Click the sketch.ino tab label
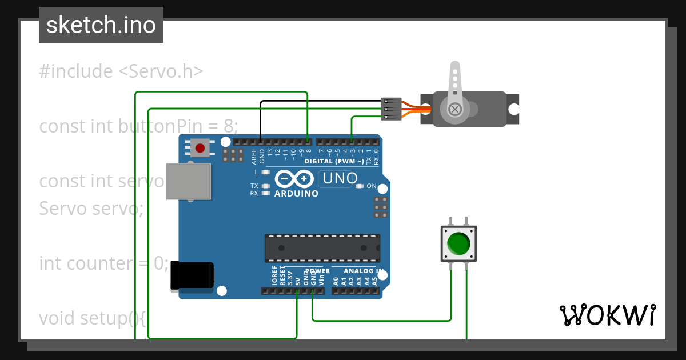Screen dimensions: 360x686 [x=101, y=25]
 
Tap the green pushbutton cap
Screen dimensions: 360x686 [x=458, y=243]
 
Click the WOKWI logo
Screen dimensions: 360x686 [x=607, y=315]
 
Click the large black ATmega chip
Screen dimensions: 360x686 [x=322, y=248]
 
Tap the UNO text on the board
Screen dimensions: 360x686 [x=340, y=178]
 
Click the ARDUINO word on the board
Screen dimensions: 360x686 [x=296, y=194]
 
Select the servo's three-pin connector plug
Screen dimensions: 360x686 [x=389, y=109]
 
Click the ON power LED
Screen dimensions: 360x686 [x=360, y=186]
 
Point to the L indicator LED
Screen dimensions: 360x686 [x=265, y=172]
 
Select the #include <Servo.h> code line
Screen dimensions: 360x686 [x=121, y=71]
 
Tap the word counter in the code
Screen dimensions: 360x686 [x=99, y=263]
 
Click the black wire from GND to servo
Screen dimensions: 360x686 [x=320, y=102]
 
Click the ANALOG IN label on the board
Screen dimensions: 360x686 [x=363, y=271]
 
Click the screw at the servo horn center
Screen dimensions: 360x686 [x=455, y=109]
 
